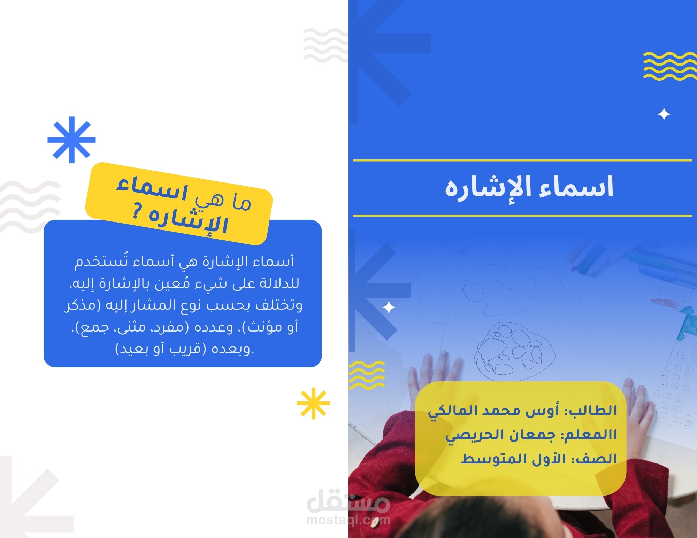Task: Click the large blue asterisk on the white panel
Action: point(72,140)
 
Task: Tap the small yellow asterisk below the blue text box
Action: point(313,403)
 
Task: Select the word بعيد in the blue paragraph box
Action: point(132,349)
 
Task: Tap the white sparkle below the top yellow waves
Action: point(664,115)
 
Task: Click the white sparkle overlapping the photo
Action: point(389,308)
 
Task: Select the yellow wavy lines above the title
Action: point(669,66)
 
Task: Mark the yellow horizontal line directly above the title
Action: point(523,161)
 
